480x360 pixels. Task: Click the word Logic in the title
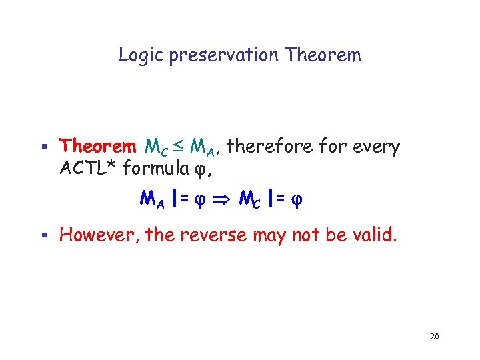pyautogui.click(x=141, y=55)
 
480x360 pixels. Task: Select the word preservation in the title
pyautogui.click(x=225, y=55)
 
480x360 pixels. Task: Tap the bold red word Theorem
pyautogui.click(x=97, y=146)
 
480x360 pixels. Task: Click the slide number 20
pyautogui.click(x=434, y=337)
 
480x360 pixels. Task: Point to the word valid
pyautogui.click(x=375, y=235)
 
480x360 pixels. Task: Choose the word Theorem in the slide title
pyautogui.click(x=322, y=55)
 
